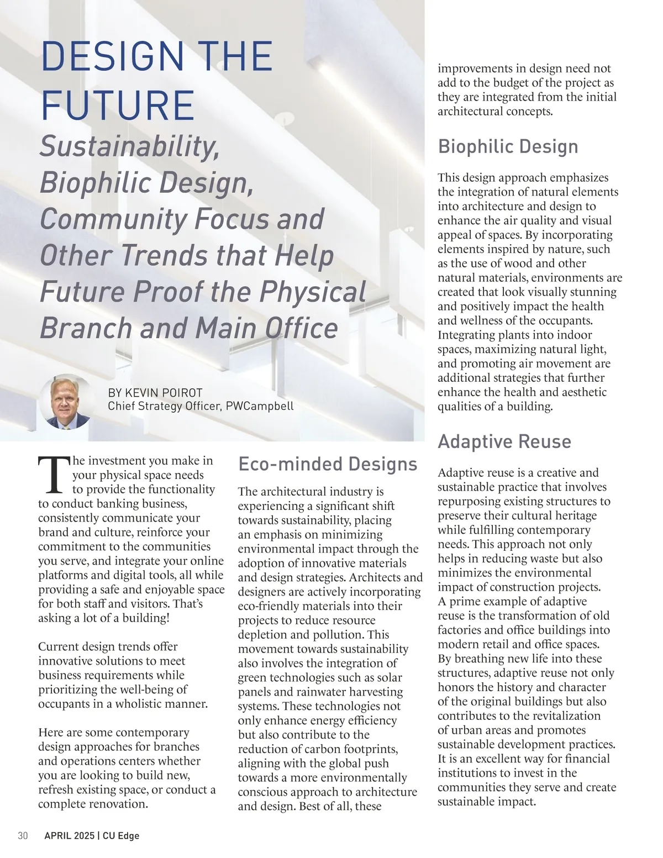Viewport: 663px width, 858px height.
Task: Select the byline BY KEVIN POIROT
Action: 155,393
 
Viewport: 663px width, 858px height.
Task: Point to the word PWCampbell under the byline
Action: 260,406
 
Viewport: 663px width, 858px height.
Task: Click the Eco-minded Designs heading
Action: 328,464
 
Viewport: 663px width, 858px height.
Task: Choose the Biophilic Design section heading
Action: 508,146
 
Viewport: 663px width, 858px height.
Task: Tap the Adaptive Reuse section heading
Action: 504,441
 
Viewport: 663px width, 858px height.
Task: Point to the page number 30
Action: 23,836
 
